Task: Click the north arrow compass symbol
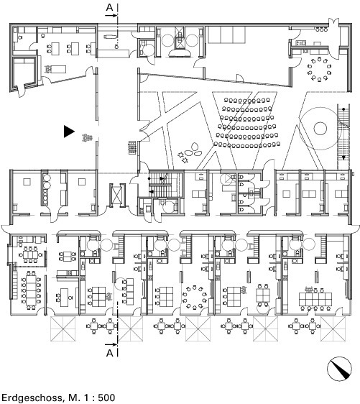coord(339,369)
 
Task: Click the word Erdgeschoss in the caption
coord(32,397)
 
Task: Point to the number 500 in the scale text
coord(105,397)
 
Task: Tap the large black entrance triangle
coord(69,132)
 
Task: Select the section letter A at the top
coord(110,7)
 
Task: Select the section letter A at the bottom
coord(110,353)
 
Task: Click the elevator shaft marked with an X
coord(117,195)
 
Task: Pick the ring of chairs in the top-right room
coord(319,69)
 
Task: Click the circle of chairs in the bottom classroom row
coord(195,297)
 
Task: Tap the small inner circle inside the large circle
coord(320,128)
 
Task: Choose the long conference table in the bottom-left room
coord(31,290)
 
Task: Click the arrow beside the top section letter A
coord(111,16)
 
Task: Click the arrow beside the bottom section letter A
coord(111,344)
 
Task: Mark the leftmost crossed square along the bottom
coord(63,329)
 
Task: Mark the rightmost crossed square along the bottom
coord(333,329)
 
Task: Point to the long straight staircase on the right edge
coord(343,137)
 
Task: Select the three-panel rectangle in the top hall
coord(227,35)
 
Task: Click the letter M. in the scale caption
coord(75,397)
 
